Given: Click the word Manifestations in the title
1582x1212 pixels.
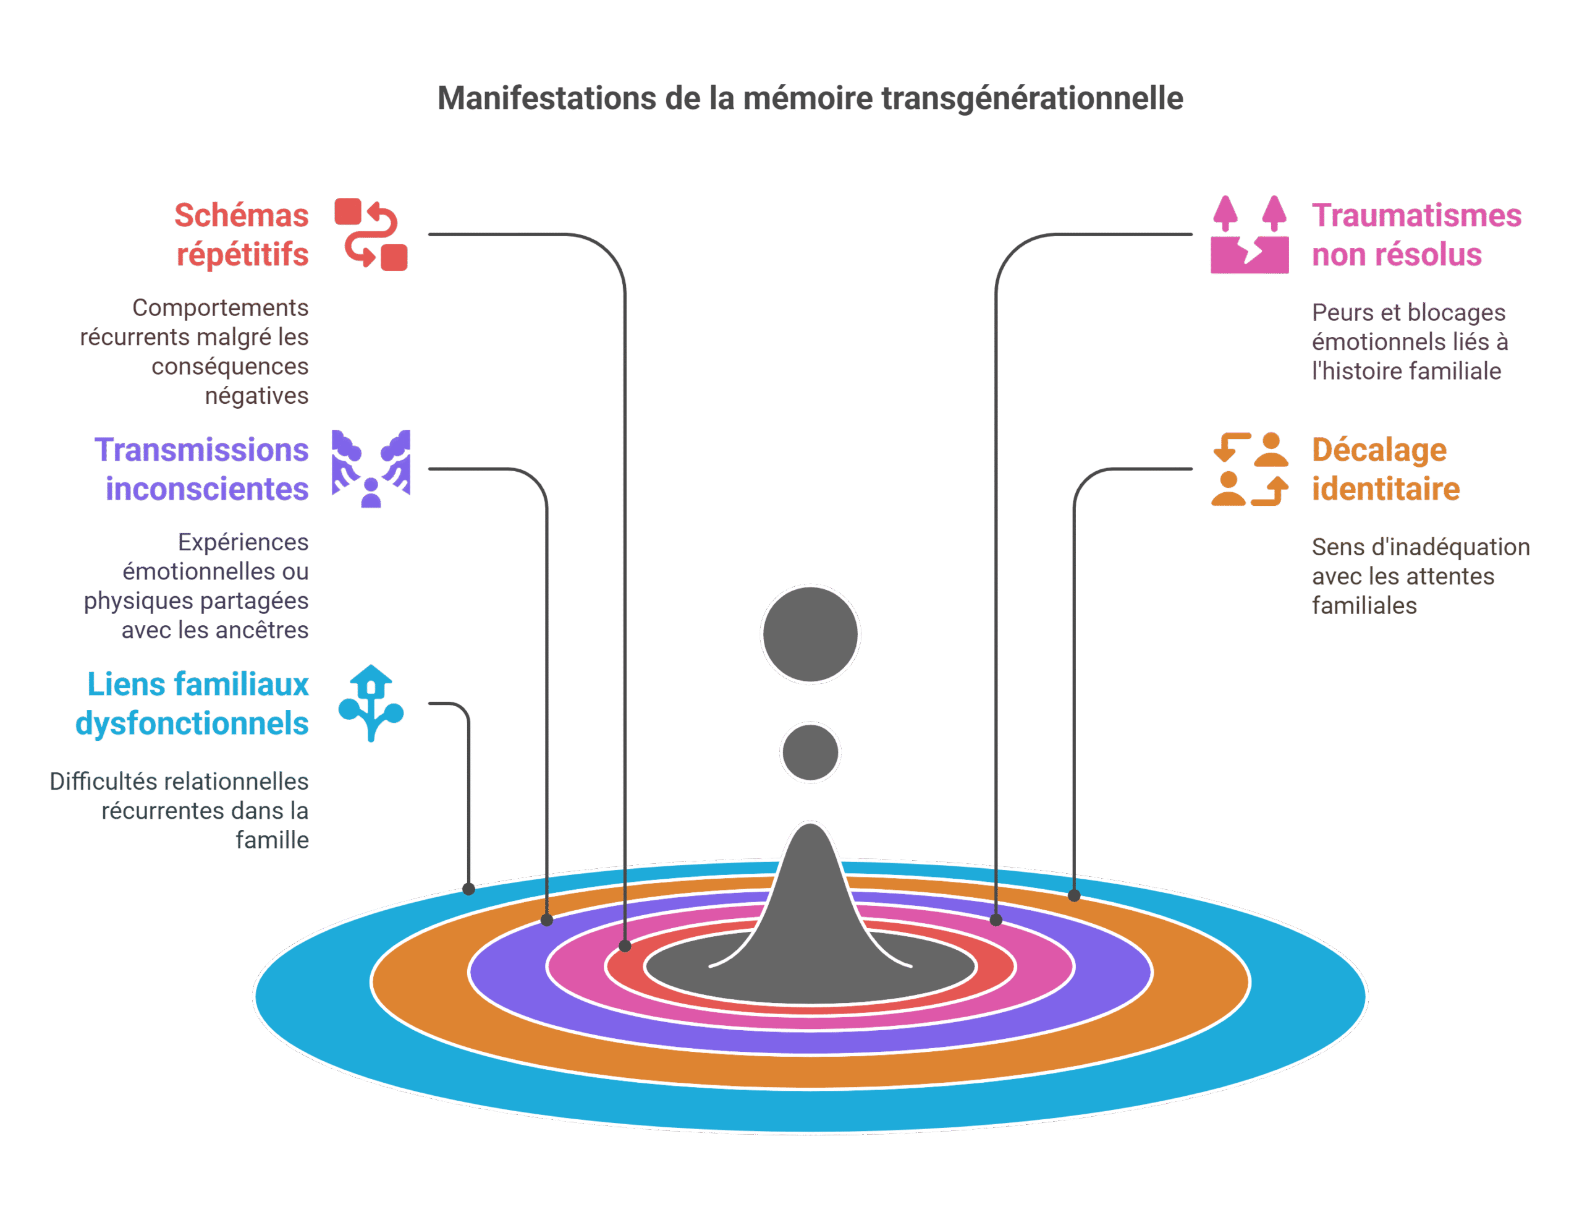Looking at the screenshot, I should point(546,99).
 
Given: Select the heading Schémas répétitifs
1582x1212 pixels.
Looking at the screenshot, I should point(242,234).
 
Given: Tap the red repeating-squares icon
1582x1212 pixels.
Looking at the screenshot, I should point(371,234).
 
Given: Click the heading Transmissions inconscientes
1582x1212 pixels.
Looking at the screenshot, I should point(202,469).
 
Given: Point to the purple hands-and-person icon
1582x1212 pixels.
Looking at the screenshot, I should point(371,468).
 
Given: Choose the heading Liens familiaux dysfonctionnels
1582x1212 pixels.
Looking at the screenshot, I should point(193,704).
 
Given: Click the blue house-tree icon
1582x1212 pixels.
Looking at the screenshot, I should point(371,704).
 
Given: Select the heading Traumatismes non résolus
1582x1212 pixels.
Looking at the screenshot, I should point(1415,234).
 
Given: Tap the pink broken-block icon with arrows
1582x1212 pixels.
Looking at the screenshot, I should point(1250,234).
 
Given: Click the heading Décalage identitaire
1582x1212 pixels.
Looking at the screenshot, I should point(1384,469).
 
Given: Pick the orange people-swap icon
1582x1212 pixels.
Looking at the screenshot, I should point(1250,469).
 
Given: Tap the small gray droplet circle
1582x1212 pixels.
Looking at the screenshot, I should point(810,753).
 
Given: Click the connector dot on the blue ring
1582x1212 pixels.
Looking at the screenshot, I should point(468,889).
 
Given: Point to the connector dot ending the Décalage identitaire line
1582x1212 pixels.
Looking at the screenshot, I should point(1073,895).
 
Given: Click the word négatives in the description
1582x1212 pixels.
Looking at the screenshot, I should point(256,396).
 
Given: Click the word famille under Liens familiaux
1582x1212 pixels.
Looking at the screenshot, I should point(272,840).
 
